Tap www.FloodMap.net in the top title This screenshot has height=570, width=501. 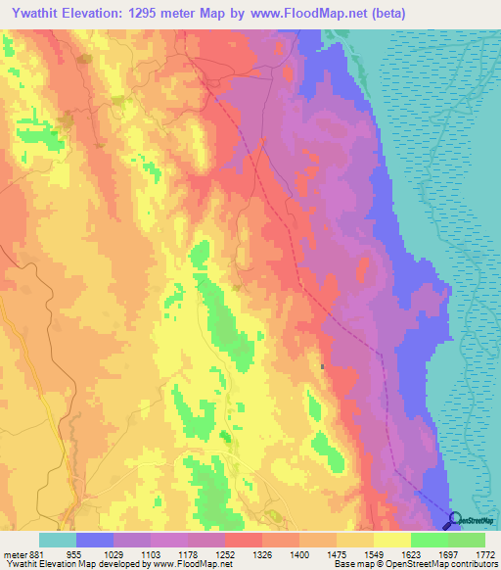pyautogui.click(x=308, y=14)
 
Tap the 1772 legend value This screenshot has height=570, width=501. pyautogui.click(x=484, y=553)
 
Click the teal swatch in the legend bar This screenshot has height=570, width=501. pyautogui.click(x=58, y=540)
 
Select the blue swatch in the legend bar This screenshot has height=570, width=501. pyautogui.click(x=95, y=540)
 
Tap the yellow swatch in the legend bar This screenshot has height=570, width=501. pyautogui.click(x=391, y=540)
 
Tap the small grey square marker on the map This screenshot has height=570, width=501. pyautogui.click(x=322, y=366)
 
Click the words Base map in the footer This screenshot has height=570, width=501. pyautogui.click(x=350, y=565)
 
